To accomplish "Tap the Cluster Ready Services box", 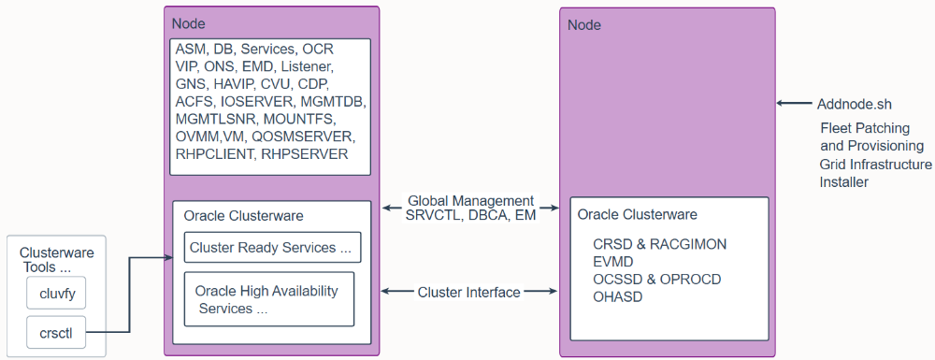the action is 272,247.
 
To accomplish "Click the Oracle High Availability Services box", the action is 269,299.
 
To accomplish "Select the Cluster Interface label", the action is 469,292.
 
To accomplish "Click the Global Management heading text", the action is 470,201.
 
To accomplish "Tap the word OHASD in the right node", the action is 618,296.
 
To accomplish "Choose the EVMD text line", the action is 613,262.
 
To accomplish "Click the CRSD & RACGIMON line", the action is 660,244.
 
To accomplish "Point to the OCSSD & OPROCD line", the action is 657,279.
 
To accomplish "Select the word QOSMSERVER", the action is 303,137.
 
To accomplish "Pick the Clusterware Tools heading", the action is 57,259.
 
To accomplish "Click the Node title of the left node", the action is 189,23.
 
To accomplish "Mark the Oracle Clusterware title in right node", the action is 638,214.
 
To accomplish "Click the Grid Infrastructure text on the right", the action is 876,164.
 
